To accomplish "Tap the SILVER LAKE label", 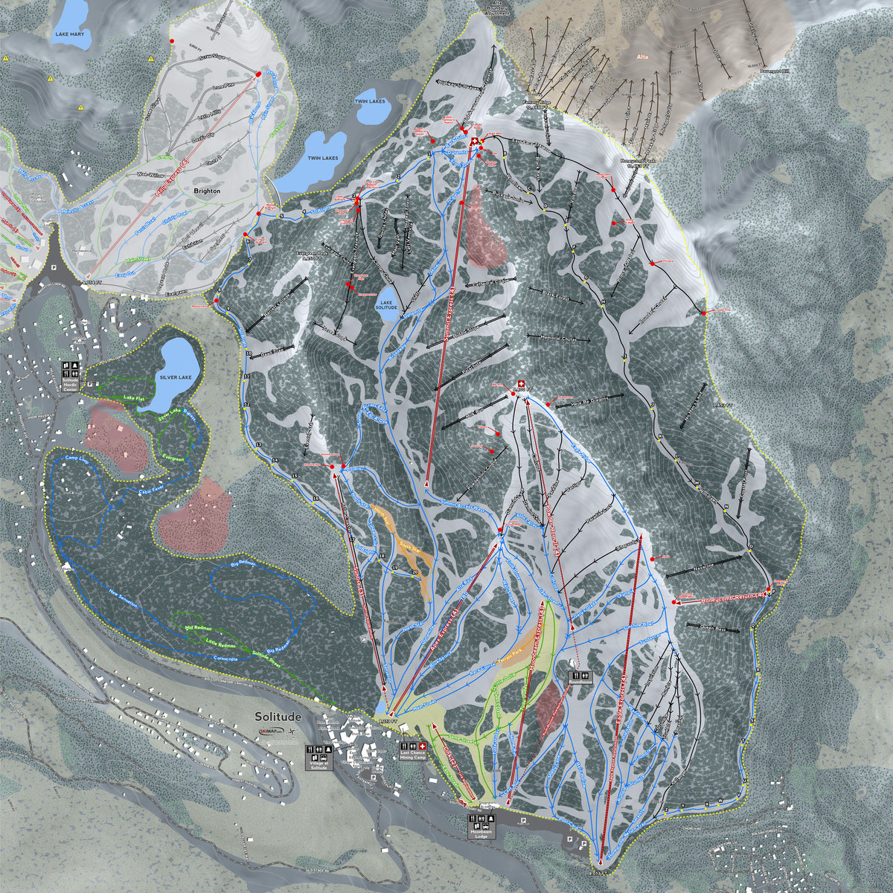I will [175, 377].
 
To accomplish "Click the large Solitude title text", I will [278, 717].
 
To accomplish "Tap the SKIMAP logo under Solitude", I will [273, 731].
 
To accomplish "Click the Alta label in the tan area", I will [643, 57].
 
